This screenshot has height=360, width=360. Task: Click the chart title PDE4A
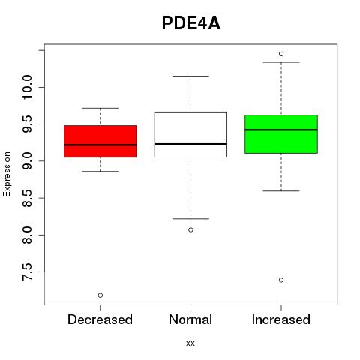point(191,23)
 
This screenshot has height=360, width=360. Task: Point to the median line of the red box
point(100,145)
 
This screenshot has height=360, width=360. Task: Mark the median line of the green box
point(281,130)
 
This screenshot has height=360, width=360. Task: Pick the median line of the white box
point(190,144)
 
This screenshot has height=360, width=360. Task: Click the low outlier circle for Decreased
point(100,295)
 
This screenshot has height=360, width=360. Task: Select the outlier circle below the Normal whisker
point(190,229)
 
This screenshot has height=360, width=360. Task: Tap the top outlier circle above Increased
point(281,54)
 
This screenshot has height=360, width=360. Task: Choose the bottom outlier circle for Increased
point(281,280)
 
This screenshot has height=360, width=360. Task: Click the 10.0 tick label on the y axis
point(27,87)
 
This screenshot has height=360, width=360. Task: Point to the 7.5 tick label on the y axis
point(27,271)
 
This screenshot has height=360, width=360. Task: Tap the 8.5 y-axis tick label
point(27,198)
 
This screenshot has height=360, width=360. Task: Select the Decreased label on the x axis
point(100,319)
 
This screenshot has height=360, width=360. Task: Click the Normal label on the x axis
point(190,319)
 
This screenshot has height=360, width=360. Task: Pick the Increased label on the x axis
point(281,319)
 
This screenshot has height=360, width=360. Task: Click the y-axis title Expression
point(7,174)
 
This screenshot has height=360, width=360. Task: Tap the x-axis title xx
point(190,343)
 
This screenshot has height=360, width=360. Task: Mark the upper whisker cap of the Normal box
point(190,76)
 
